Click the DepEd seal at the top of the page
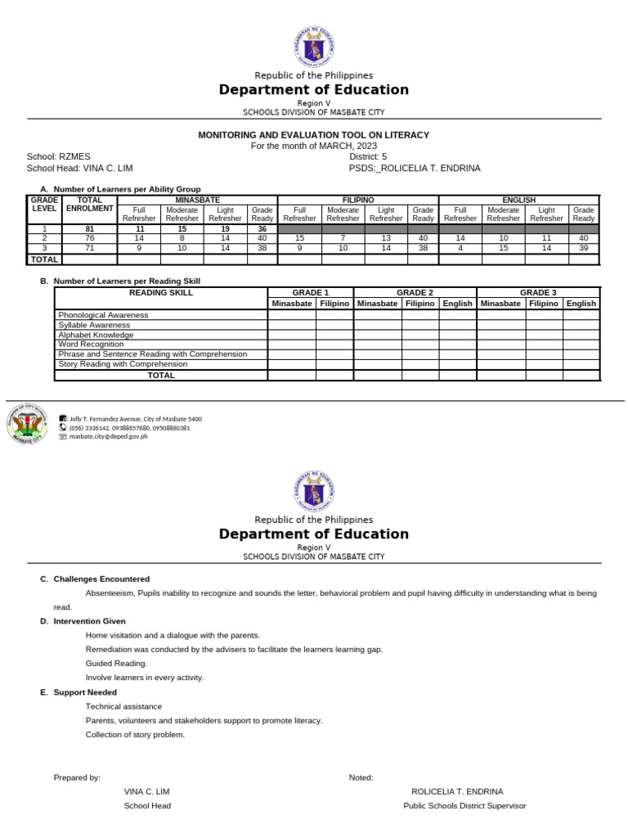pyautogui.click(x=313, y=46)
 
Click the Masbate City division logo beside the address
pyautogui.click(x=29, y=424)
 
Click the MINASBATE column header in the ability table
pyautogui.click(x=197, y=200)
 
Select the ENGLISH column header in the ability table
pyautogui.click(x=518, y=200)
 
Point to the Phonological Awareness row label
pyautogui.click(x=103, y=315)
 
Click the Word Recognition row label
pyautogui.click(x=91, y=345)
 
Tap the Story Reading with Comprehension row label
pyautogui.click(x=122, y=364)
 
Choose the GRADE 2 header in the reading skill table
pyautogui.click(x=415, y=292)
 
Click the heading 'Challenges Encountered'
pyautogui.click(x=101, y=579)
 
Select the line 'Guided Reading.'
pyautogui.click(x=116, y=664)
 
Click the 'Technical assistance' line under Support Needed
pyautogui.click(x=123, y=706)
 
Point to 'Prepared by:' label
pyautogui.click(x=77, y=777)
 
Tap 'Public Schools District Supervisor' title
pyautogui.click(x=464, y=806)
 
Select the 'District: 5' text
pyautogui.click(x=368, y=155)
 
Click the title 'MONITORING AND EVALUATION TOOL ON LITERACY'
pyautogui.click(x=313, y=135)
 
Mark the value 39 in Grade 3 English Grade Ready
pyautogui.click(x=583, y=247)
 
